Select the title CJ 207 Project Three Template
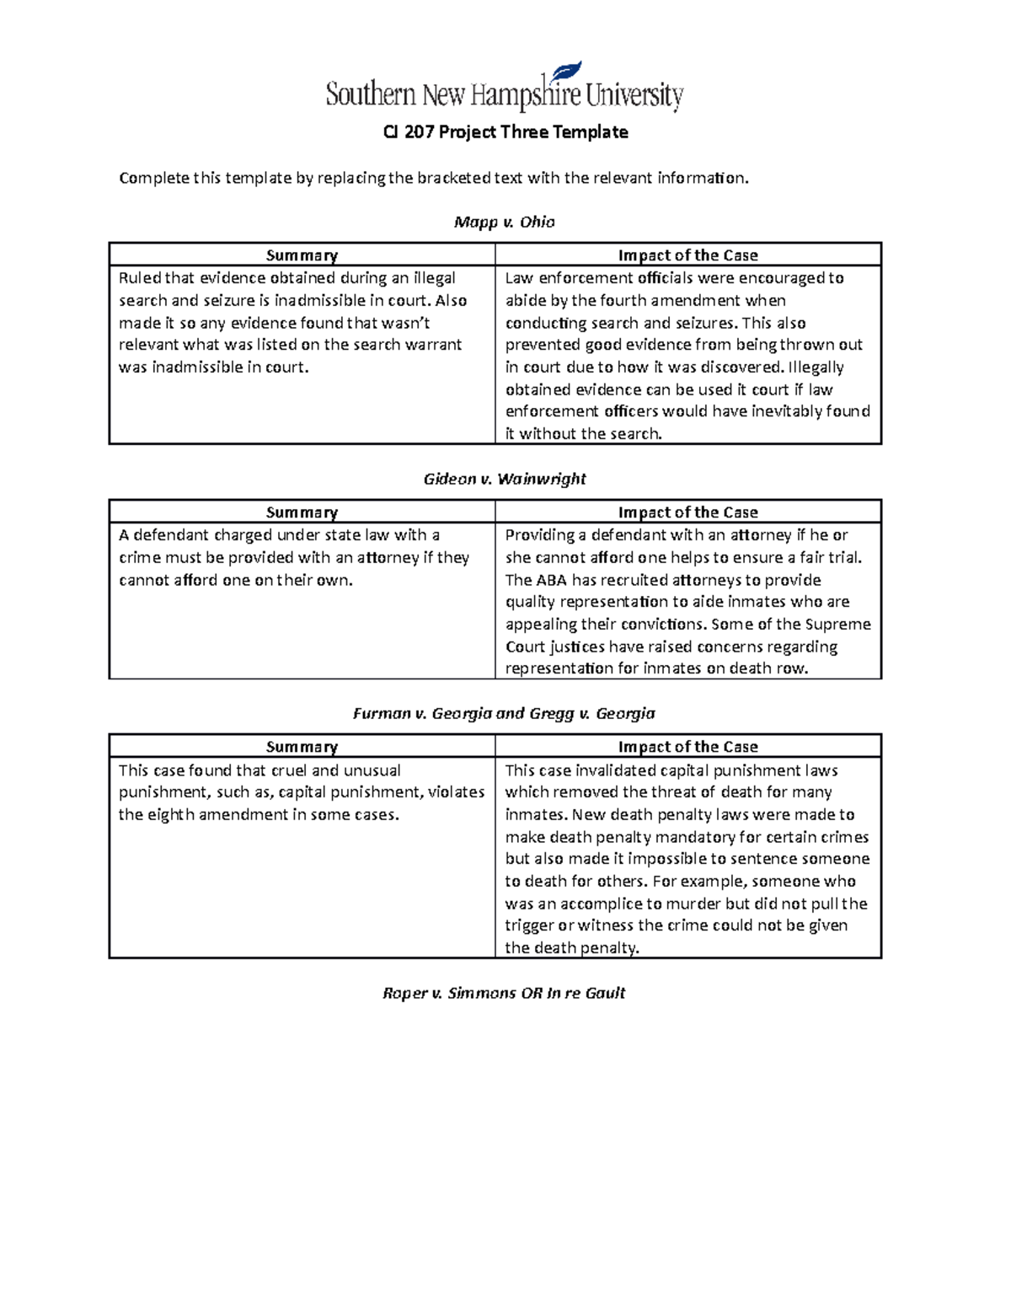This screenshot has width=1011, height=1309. [x=505, y=132]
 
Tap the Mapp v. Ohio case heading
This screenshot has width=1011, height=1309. [x=504, y=223]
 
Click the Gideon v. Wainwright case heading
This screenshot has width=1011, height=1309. [x=504, y=479]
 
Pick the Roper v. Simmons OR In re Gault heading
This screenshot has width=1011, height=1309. [x=504, y=993]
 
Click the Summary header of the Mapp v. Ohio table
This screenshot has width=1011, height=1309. [x=302, y=255]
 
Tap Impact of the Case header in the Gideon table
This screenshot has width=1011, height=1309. [x=687, y=512]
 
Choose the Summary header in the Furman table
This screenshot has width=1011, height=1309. [x=302, y=747]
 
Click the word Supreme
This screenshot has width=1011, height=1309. [x=838, y=625]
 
